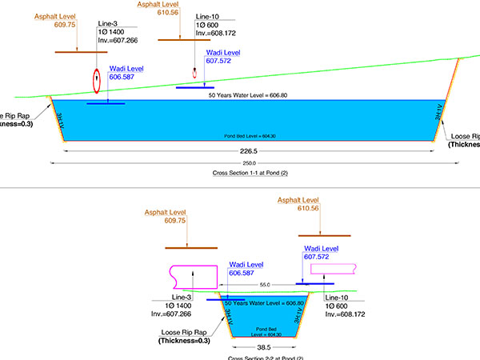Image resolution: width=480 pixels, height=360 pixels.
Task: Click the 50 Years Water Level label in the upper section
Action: point(248,95)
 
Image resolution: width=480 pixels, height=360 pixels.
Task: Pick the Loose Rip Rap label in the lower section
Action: point(184,332)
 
